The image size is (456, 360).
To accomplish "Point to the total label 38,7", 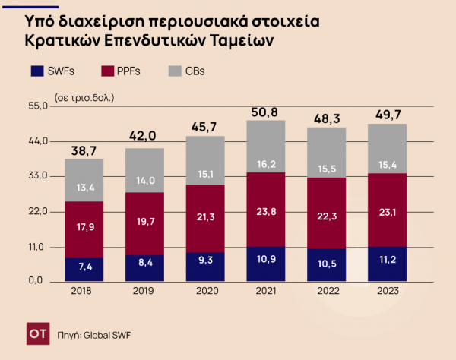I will pos(84,150).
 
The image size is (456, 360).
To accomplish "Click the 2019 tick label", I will pos(144,291).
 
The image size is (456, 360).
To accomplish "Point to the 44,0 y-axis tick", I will pos(38,141).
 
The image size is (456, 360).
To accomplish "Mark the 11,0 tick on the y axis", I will pos(38,248).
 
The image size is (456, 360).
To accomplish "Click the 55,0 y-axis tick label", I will pos(38,106).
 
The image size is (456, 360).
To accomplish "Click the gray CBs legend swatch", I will pos(175,71).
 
